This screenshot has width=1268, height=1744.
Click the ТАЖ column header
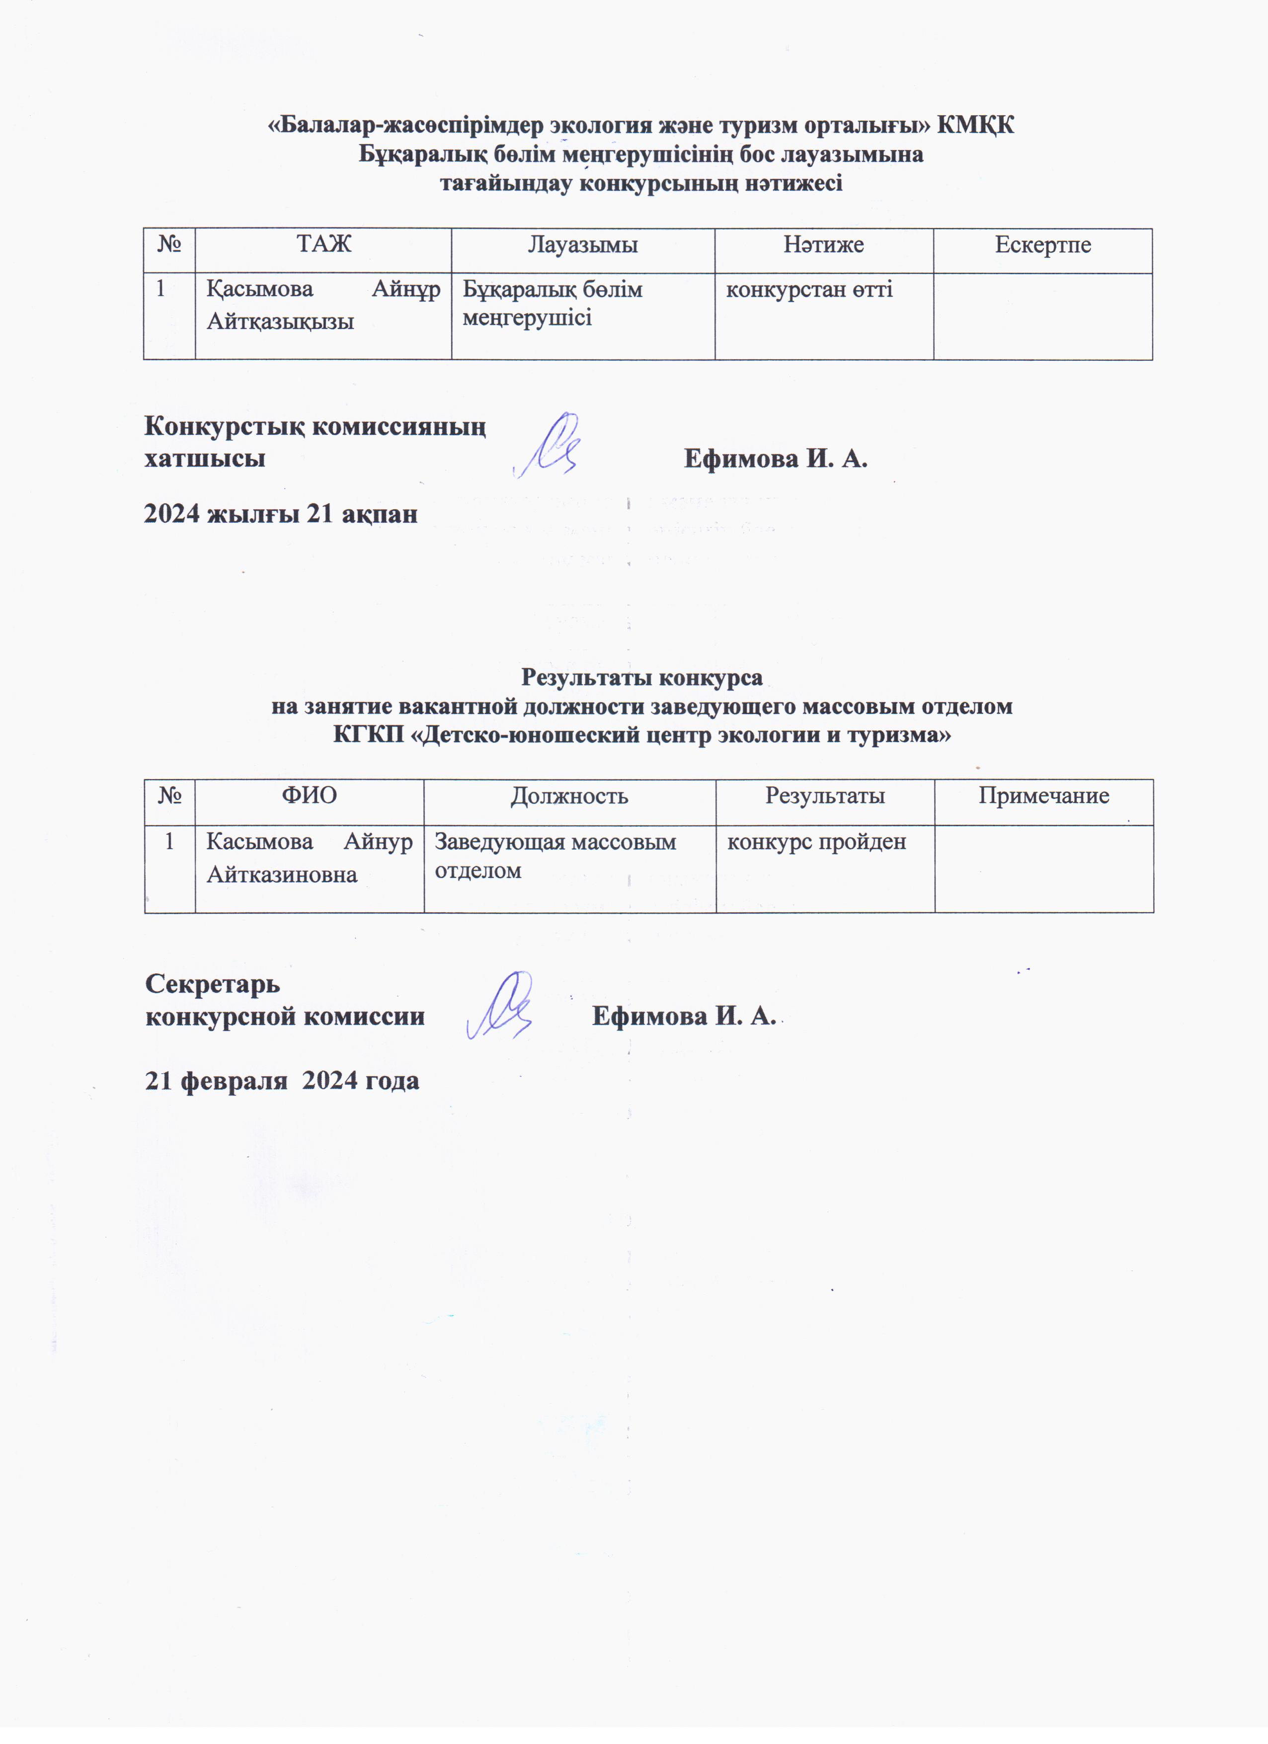(324, 244)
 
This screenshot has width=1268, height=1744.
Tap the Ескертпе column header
(1043, 244)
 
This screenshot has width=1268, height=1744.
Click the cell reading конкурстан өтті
(810, 290)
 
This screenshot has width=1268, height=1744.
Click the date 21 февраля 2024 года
(282, 1080)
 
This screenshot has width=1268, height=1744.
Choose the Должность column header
(570, 796)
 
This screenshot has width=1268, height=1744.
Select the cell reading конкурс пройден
(817, 842)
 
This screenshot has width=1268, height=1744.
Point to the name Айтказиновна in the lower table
(282, 874)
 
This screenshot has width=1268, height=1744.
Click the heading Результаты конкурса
(642, 677)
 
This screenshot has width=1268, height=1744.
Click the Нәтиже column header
(823, 244)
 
